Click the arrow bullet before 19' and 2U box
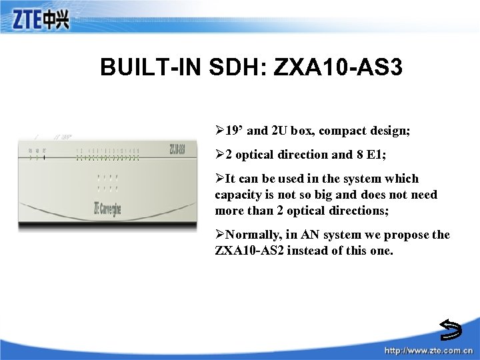219,131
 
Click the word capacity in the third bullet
237,195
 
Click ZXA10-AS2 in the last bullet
249,251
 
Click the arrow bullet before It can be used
219,179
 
